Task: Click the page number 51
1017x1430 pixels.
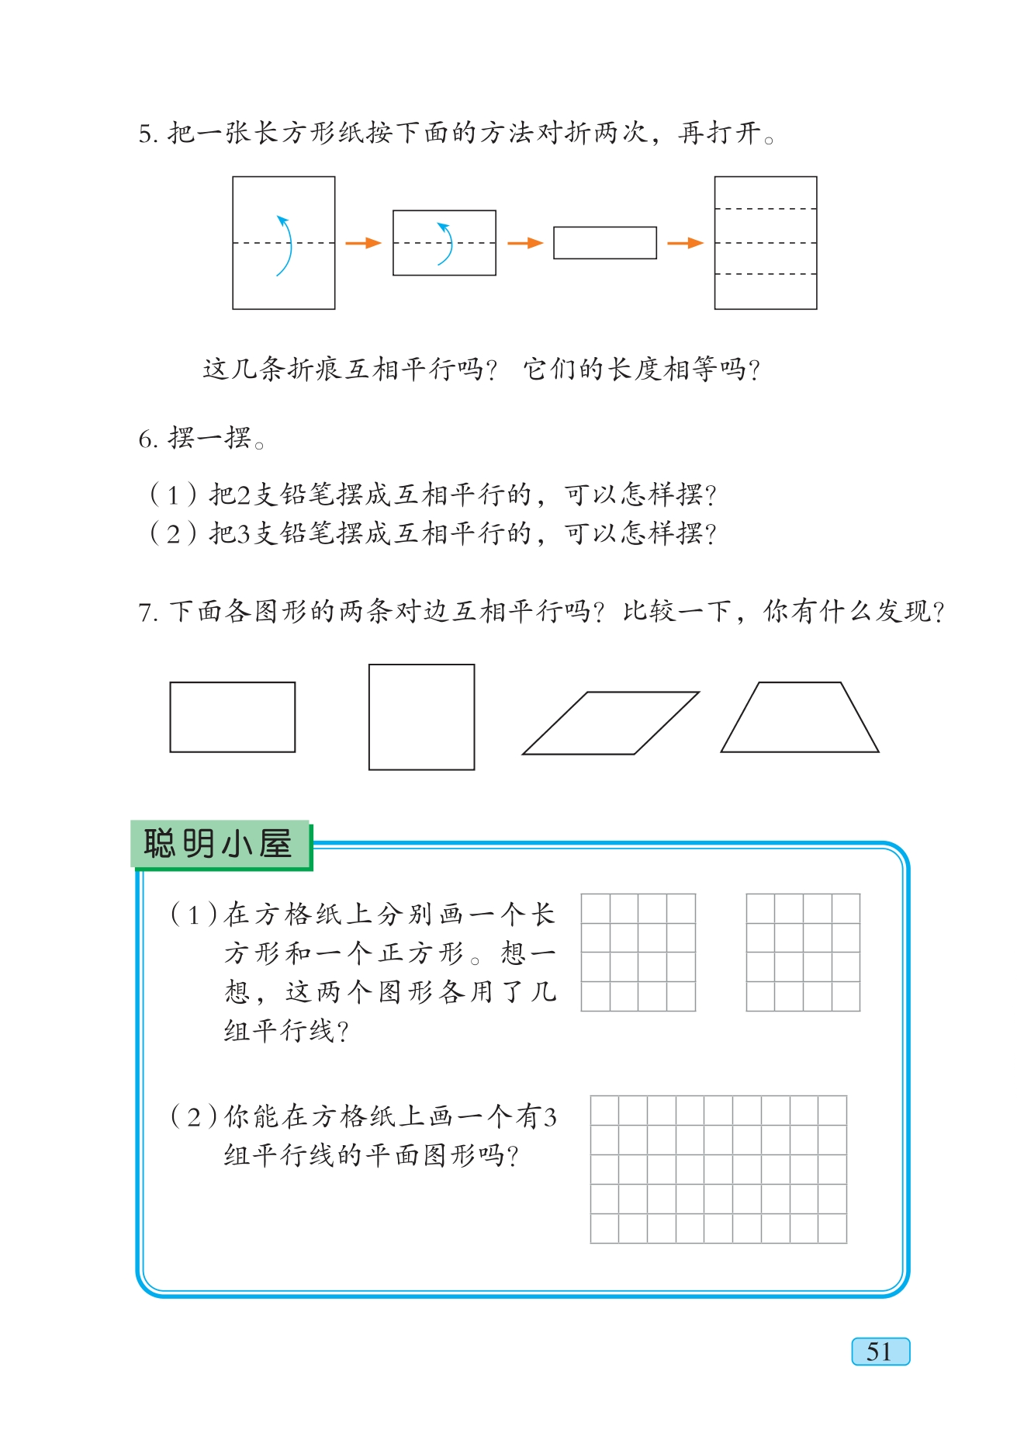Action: click(880, 1352)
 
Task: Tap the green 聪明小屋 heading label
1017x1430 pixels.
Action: click(220, 844)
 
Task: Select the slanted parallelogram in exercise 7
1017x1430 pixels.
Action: click(611, 723)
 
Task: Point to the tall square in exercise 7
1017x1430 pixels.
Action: click(421, 717)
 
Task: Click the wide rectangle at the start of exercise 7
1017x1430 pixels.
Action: click(232, 717)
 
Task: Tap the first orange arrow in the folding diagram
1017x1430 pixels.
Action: click(363, 243)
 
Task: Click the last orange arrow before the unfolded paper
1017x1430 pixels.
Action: click(685, 243)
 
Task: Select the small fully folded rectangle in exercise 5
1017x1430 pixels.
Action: click(604, 243)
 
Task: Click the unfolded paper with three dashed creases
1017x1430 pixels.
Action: click(765, 243)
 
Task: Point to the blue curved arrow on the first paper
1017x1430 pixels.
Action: click(285, 245)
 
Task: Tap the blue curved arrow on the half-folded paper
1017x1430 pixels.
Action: click(446, 243)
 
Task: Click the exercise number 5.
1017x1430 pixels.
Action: click(147, 134)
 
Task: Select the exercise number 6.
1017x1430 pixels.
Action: click(147, 440)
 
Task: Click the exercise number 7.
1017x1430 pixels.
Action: click(147, 613)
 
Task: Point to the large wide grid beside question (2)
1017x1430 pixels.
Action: click(718, 1169)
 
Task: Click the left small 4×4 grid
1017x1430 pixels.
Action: click(638, 952)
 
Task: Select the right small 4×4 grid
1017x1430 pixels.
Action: click(803, 952)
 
